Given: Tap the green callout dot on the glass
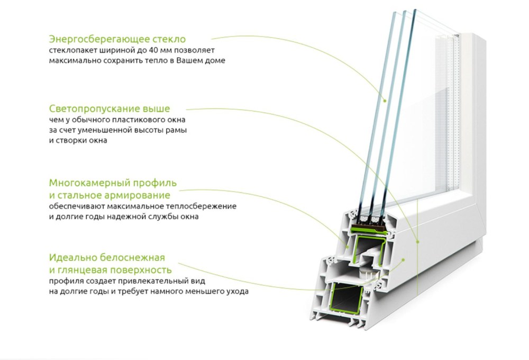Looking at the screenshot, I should [386, 101].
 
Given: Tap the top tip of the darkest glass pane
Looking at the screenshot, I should [415, 10].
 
